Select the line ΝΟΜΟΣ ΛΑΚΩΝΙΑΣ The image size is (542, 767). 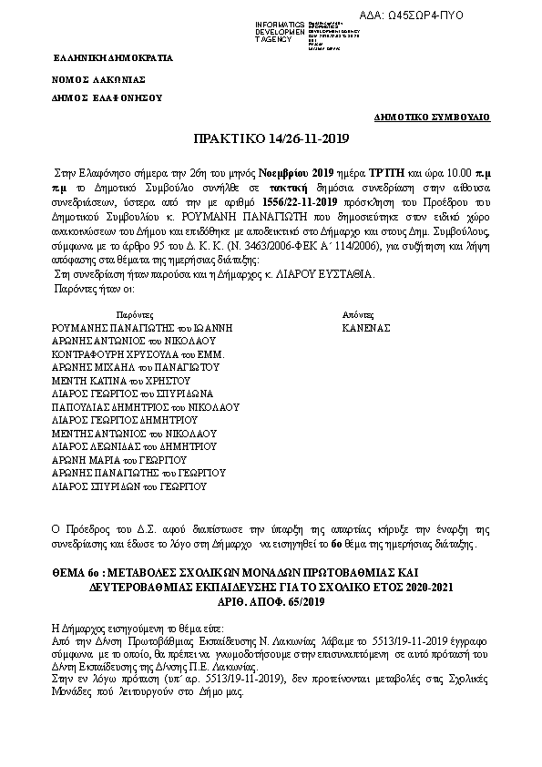(97, 80)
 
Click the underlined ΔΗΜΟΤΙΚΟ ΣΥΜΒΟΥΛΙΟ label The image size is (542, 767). (433, 118)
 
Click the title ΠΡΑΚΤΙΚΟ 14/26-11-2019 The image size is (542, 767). (271, 139)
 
